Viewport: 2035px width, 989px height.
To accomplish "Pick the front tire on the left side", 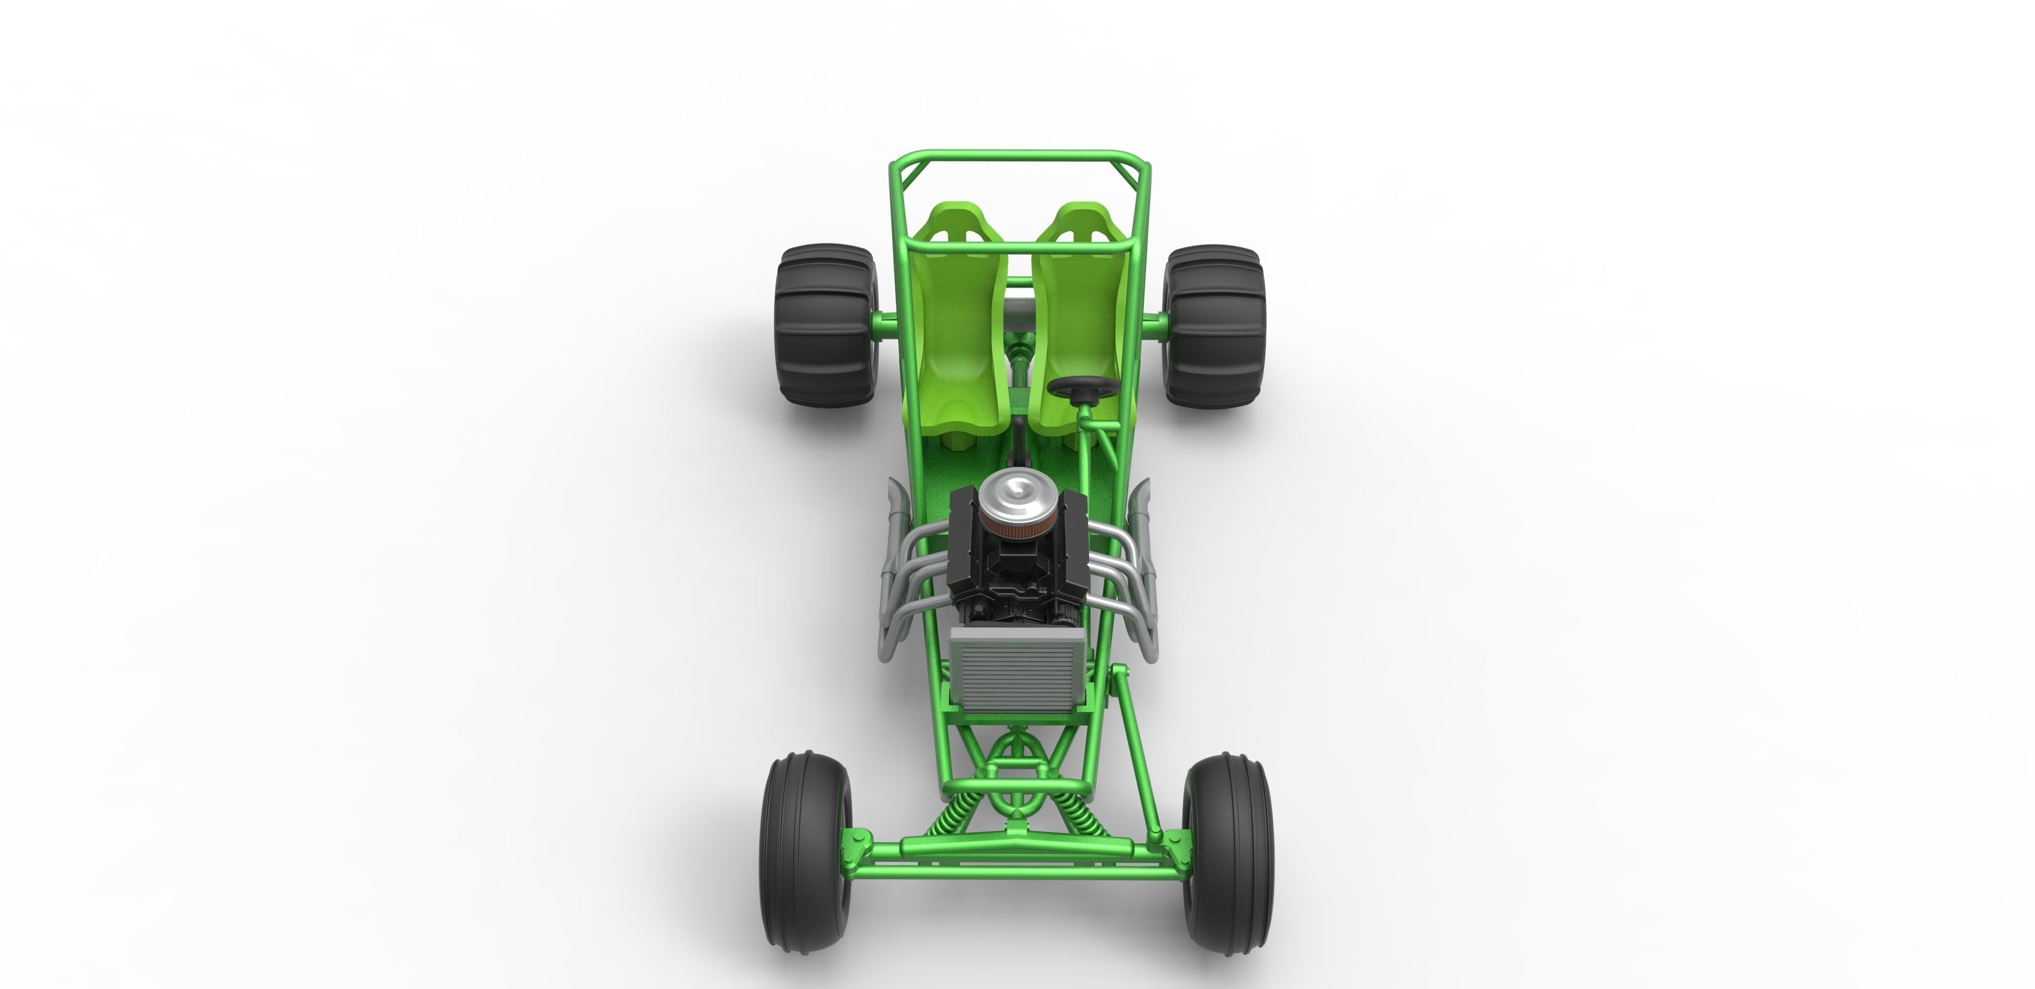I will (x=806, y=859).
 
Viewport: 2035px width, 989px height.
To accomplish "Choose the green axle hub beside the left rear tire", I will (x=883, y=322).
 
